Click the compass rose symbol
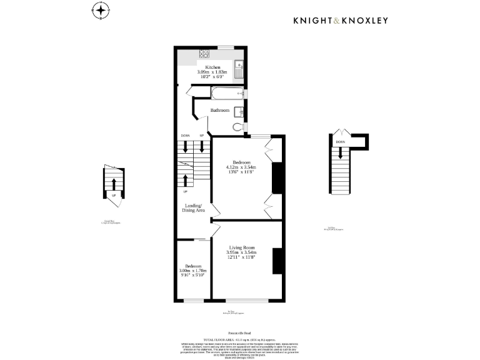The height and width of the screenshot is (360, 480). tap(101, 11)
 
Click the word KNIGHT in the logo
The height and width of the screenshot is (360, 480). tap(314, 21)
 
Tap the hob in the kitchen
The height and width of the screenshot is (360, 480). tap(204, 54)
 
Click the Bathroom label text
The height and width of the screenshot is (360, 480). tap(219, 111)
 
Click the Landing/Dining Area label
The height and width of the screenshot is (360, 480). tap(194, 208)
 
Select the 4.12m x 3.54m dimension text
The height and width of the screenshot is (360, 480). tap(241, 167)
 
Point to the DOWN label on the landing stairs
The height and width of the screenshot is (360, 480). tap(185, 136)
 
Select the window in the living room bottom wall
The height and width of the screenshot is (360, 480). tap(247, 301)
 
